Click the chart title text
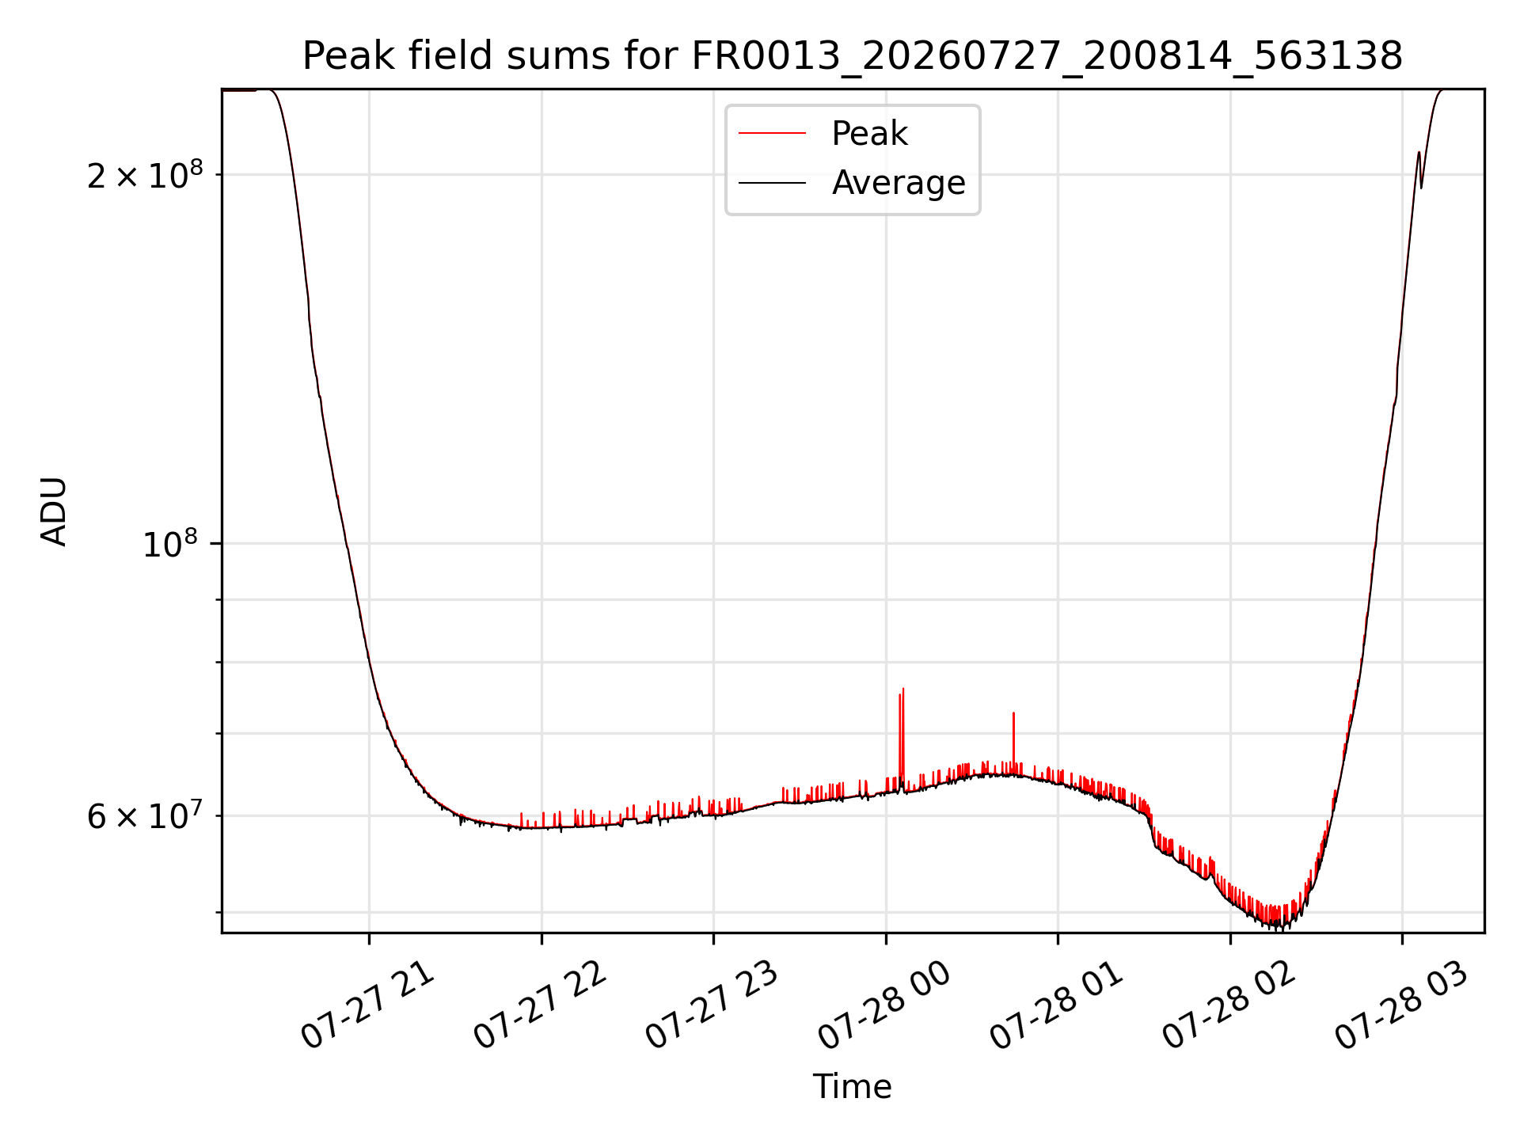(x=853, y=56)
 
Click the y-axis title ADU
(x=54, y=511)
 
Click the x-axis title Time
(x=853, y=1087)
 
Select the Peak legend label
(x=869, y=134)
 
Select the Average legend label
(x=899, y=183)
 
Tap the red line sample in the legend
(x=772, y=134)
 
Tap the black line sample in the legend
(x=772, y=183)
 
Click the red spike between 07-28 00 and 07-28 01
(x=1013, y=714)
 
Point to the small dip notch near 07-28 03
(x=1422, y=187)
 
